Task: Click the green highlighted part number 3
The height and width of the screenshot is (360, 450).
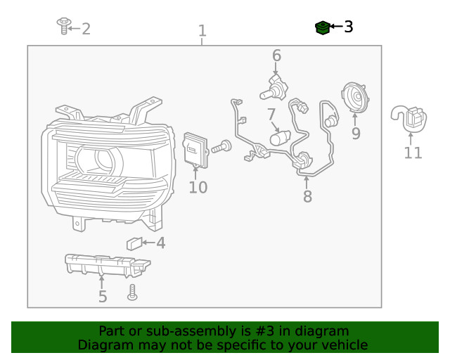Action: (x=322, y=27)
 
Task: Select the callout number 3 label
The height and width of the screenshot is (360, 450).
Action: (x=348, y=27)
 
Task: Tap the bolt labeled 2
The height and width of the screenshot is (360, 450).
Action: (x=63, y=26)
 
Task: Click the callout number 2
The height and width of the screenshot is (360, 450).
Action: (x=86, y=29)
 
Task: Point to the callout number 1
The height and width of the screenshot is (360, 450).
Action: (x=202, y=31)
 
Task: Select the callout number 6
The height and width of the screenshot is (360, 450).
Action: (x=276, y=56)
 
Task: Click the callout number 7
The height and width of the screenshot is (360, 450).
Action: (x=271, y=114)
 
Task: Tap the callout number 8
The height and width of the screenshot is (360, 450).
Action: (x=307, y=197)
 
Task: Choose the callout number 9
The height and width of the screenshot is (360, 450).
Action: (x=356, y=133)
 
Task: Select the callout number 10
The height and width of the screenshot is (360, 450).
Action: (x=198, y=188)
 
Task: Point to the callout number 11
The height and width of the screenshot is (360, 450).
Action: (x=413, y=153)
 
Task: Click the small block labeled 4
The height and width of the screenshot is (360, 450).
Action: (x=133, y=244)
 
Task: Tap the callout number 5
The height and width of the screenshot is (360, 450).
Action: (x=103, y=297)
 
